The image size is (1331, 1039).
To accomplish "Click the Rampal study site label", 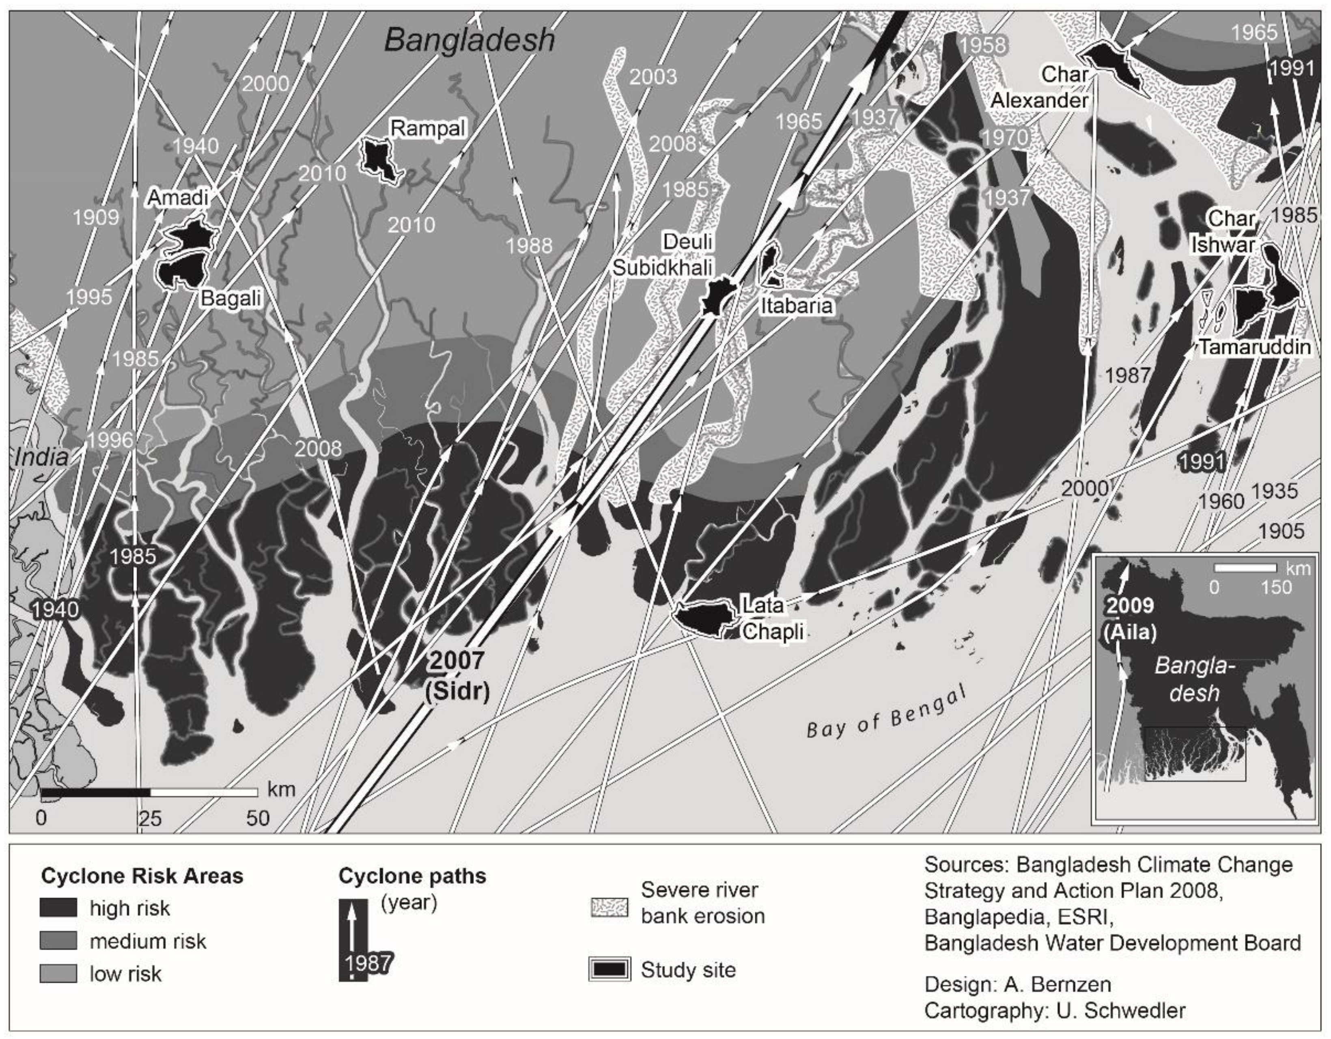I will click(428, 129).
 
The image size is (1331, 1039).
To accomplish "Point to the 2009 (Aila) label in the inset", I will click(1129, 619).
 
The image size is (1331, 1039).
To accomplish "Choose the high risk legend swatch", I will click(58, 908).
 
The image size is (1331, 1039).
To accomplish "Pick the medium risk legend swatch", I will click(58, 941).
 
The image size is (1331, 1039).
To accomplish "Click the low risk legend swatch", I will click(58, 973).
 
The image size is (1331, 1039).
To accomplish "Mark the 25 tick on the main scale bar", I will click(150, 818).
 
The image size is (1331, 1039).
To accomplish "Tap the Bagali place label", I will click(231, 299).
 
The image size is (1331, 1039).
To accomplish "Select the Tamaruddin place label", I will click(1255, 347).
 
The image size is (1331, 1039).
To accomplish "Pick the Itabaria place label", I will click(796, 305).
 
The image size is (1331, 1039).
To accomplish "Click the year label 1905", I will click(1281, 531).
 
